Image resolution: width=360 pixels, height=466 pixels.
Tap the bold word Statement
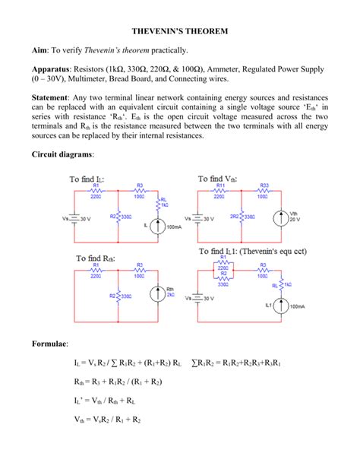(55, 98)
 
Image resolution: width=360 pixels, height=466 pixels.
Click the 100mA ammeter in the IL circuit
(158, 226)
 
